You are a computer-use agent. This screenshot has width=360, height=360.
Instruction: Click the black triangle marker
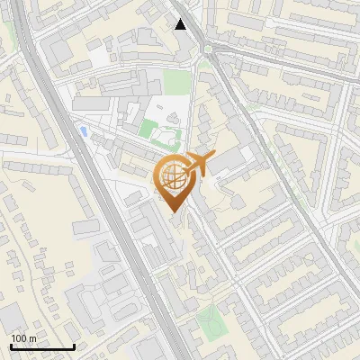point(181,24)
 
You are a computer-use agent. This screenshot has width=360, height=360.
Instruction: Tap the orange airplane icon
point(198,165)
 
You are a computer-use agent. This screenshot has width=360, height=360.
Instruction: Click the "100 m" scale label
point(23,338)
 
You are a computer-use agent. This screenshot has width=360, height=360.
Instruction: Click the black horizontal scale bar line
point(42,346)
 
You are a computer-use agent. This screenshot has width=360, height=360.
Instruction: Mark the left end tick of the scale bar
point(11,346)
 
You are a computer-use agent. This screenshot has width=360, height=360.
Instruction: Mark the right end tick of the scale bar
point(74,346)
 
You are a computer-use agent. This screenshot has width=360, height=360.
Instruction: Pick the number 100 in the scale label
point(19,338)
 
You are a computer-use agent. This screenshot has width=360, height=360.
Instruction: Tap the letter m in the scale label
point(32,338)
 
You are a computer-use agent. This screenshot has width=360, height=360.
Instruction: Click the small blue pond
point(85,131)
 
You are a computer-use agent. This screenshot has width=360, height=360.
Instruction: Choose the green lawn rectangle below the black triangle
point(177,82)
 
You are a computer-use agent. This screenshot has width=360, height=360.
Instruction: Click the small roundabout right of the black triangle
point(211,49)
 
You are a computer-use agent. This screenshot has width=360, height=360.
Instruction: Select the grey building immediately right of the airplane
point(229,160)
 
